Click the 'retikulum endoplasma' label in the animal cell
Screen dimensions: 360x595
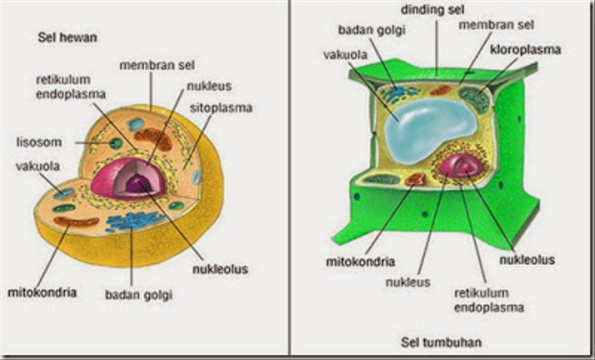click(72, 87)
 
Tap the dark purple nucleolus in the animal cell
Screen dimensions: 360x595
click(139, 184)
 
